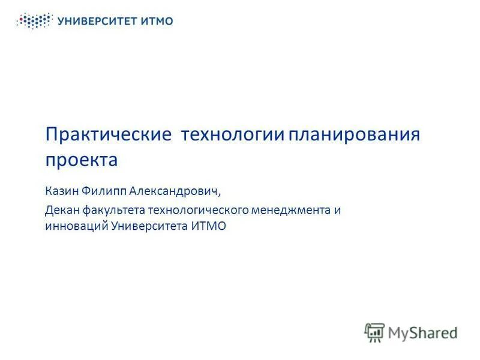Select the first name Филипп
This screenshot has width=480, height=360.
click(x=102, y=192)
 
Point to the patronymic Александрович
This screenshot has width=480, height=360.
click(x=173, y=192)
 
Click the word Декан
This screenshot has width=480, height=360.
click(x=62, y=211)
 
